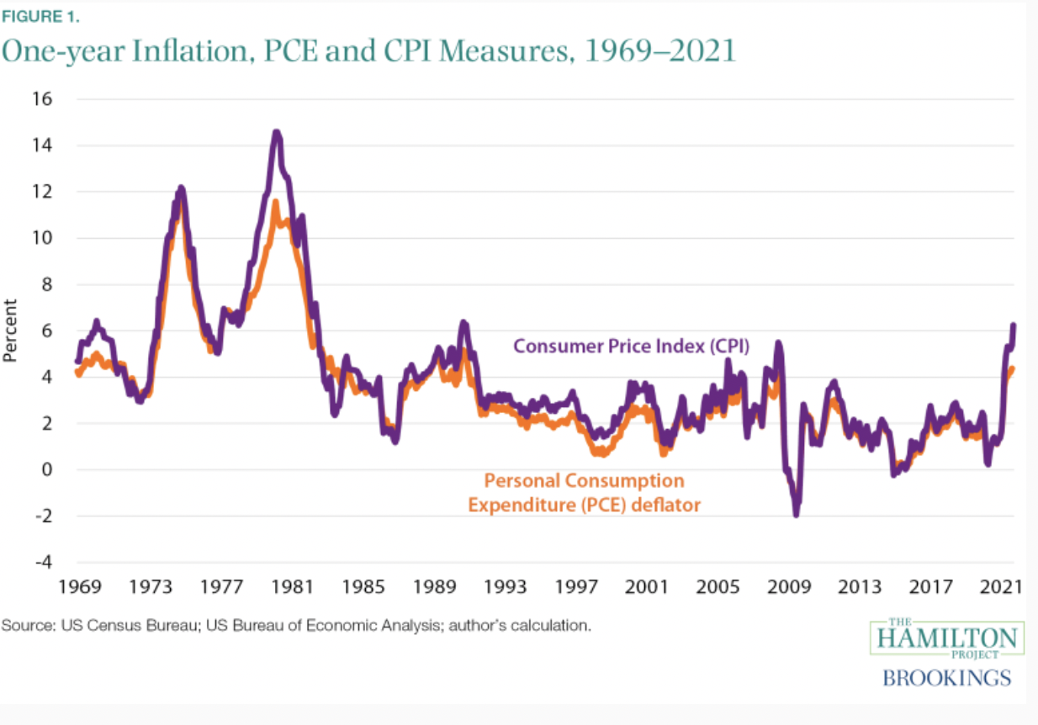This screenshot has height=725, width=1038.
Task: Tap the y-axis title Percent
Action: [10, 331]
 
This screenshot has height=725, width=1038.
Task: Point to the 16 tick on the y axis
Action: [43, 99]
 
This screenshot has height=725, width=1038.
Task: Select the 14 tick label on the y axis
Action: [43, 146]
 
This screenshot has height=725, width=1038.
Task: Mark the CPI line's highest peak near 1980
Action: [276, 132]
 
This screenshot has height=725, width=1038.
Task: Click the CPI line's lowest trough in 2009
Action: [796, 514]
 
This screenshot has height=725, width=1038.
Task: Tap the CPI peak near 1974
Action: [181, 188]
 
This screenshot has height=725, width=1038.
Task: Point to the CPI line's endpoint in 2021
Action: [1014, 325]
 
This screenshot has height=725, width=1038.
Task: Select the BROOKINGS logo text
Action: [946, 678]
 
